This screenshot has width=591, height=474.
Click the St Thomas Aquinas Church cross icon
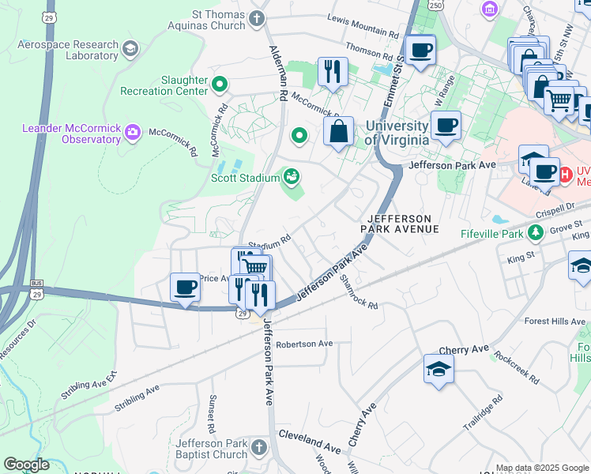[257, 17]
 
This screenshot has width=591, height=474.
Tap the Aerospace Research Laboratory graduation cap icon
[130, 49]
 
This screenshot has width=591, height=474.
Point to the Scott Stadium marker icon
[292, 175]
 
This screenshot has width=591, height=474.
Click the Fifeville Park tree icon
[536, 232]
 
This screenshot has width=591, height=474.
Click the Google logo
[27, 465]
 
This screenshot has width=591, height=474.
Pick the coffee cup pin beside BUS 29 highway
[186, 288]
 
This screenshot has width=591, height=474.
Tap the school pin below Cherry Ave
[439, 369]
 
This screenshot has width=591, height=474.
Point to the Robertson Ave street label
[304, 344]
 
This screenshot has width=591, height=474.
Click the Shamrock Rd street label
[359, 292]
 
